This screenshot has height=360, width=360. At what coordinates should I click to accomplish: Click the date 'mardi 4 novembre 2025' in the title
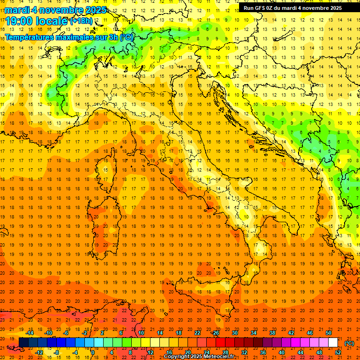[55, 9]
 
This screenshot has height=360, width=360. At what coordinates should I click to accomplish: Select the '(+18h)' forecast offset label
[81, 21]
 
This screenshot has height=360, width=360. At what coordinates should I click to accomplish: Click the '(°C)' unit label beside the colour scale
[349, 343]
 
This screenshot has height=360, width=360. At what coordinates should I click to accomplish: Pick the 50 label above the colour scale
[329, 332]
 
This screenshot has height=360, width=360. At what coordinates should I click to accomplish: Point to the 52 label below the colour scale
[338, 352]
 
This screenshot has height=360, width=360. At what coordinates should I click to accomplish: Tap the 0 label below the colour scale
[93, 352]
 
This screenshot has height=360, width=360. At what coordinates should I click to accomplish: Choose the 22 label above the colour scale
[197, 332]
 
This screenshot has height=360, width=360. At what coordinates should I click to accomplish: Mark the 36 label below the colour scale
[263, 352]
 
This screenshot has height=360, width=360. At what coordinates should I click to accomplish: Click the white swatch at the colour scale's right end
[333, 343]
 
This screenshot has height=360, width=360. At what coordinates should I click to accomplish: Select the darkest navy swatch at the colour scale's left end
[23, 343]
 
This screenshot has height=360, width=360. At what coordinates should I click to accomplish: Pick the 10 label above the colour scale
[141, 332]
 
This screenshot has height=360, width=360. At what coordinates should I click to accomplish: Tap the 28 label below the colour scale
[225, 352]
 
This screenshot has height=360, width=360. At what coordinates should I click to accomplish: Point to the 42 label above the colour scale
[291, 332]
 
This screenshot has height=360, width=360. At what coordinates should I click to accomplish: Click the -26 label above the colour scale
[215, 332]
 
